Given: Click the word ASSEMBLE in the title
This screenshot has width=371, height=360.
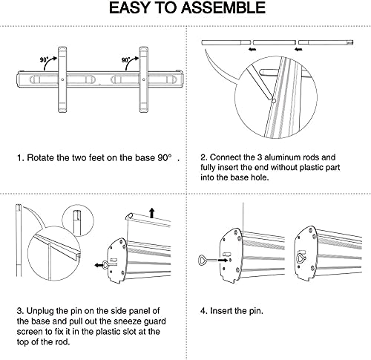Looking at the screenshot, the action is coord(223,7).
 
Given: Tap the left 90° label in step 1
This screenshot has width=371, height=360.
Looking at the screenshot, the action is coord(45,60).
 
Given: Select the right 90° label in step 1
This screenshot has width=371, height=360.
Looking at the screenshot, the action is coord(126,60).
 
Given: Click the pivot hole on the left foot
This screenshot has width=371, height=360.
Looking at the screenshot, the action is coord(62,79).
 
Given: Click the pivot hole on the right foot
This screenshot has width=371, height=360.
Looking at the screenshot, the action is coord(144,79).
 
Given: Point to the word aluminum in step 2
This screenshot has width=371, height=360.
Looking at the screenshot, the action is coord(280,157).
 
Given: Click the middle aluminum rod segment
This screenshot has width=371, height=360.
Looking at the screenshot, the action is coord(275,42).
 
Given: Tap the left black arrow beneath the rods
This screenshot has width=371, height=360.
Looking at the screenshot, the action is coord(252,50).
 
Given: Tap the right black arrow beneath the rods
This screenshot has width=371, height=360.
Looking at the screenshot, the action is coord(298,50).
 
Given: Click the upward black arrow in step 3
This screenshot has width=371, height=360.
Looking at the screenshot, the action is coord(152,213).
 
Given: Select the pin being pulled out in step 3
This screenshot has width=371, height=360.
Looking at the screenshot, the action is coord(109,264).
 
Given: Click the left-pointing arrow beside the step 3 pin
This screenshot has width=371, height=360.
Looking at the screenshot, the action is coord(99,265).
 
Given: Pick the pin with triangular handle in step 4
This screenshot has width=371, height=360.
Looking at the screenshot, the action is coord(207,261).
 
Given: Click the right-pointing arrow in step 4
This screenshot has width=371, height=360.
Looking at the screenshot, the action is coord(223,261).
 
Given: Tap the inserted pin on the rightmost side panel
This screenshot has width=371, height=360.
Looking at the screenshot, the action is coord(301,258).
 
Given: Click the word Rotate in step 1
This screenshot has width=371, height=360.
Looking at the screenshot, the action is coord(41,157).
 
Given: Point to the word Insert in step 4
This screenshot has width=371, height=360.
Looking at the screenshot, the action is coord(220,311).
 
